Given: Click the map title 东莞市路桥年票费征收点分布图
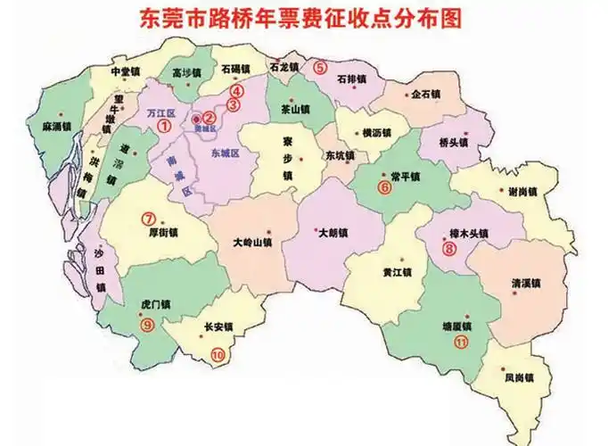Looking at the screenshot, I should [x=303, y=18].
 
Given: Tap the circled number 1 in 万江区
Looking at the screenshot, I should [x=164, y=128].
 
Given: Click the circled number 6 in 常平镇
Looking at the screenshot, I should [x=385, y=187].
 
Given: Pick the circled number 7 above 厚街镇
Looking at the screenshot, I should [x=149, y=217].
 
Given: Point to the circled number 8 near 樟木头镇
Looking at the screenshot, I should [x=448, y=250].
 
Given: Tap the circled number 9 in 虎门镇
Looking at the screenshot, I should [x=147, y=325].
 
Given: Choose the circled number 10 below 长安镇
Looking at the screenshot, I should [x=218, y=354].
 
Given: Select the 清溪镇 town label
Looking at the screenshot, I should [x=526, y=283].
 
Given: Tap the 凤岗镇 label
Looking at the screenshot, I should [x=518, y=377].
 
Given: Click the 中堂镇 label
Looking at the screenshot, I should [x=125, y=71].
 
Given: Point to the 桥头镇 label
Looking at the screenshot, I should [x=456, y=142].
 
